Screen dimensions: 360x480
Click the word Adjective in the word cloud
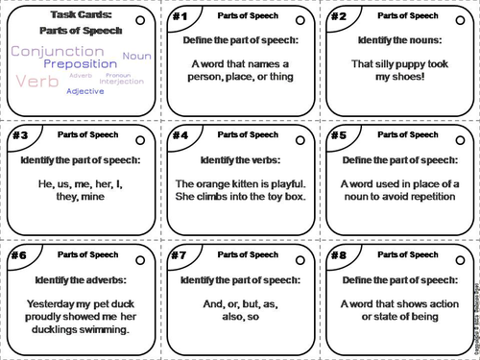(85, 91)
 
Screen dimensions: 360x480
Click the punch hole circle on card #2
(456, 20)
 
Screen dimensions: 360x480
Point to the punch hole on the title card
(140, 20)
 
